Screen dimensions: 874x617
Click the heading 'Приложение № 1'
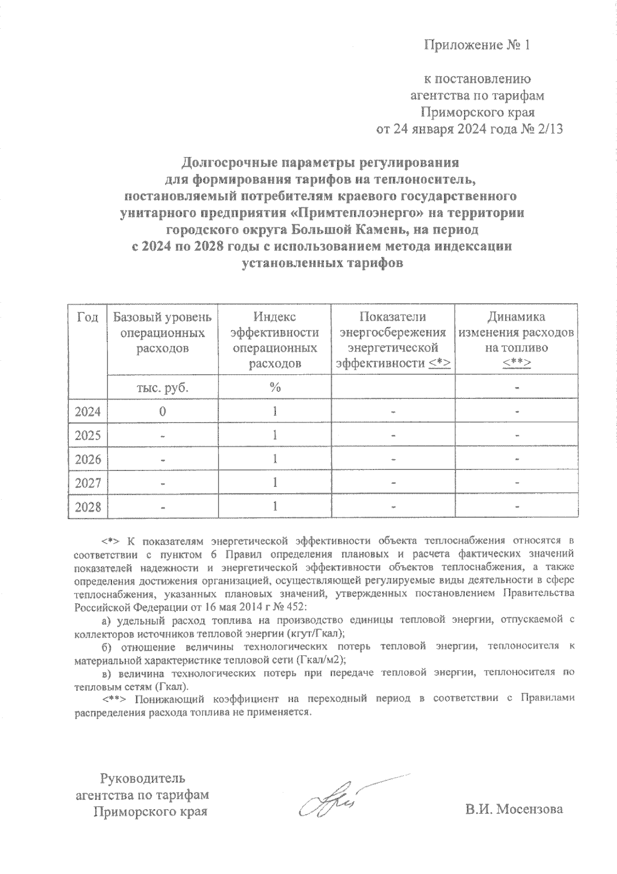476,45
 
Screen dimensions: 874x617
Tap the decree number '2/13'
550,129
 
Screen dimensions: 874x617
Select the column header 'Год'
87,317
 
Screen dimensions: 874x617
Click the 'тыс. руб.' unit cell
162,388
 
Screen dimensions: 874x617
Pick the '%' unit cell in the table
275,388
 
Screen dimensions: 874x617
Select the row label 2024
87,412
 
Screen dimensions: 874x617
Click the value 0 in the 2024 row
162,411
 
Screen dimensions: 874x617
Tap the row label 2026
87,459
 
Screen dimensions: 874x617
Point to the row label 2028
87,508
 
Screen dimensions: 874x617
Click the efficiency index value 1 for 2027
275,483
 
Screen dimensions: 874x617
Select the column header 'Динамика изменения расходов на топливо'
516,333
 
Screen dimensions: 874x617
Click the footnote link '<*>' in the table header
440,364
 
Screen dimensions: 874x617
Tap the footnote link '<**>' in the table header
517,364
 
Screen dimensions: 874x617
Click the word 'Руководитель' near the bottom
142,778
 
